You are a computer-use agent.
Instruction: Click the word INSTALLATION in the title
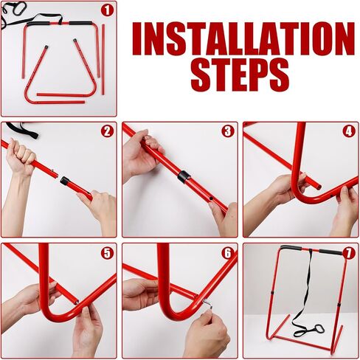(x=243, y=38)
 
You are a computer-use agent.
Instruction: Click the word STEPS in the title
(x=240, y=75)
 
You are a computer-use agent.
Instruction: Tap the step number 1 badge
(x=107, y=10)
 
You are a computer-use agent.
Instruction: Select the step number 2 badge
(x=107, y=131)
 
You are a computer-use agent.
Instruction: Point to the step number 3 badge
(x=228, y=131)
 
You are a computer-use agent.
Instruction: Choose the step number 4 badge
(x=349, y=131)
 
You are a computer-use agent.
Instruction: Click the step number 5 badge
(x=107, y=252)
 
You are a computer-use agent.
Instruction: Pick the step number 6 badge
(x=228, y=252)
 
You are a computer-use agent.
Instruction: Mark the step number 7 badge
(x=349, y=252)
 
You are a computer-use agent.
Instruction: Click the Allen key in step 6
(x=207, y=303)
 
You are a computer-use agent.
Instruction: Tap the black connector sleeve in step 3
(x=184, y=176)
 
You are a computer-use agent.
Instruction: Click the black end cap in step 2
(x=65, y=181)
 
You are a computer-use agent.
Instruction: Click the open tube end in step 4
(x=319, y=187)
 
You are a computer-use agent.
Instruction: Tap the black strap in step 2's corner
(x=23, y=129)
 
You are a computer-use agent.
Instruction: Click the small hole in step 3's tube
(x=211, y=198)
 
